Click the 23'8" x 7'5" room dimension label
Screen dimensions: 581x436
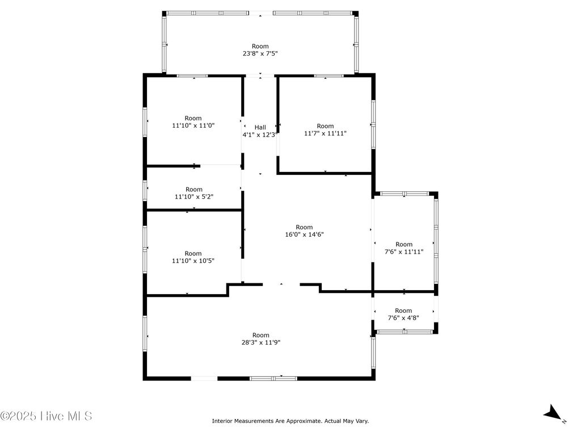click(260, 53)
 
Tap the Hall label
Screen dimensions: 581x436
click(260, 127)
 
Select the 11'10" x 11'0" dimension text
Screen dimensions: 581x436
click(193, 125)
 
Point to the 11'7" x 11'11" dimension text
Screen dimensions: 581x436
click(325, 133)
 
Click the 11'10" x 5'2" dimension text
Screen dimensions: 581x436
click(194, 196)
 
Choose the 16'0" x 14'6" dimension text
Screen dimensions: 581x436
click(304, 234)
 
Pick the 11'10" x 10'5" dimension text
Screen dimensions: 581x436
click(193, 261)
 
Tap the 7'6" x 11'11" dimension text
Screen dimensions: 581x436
click(404, 251)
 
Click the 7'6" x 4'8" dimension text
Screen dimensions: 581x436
click(403, 318)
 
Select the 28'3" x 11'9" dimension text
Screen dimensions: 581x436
click(261, 342)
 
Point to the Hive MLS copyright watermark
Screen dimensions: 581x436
click(46, 416)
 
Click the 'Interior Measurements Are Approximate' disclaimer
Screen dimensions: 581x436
click(290, 421)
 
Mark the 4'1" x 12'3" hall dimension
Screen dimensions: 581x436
click(260, 135)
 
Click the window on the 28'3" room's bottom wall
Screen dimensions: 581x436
click(273, 378)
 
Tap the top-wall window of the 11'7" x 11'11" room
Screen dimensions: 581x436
click(329, 76)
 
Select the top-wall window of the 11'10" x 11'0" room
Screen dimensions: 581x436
click(192, 76)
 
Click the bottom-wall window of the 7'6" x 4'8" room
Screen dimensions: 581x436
click(405, 332)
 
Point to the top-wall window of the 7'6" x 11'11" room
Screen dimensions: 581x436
click(405, 194)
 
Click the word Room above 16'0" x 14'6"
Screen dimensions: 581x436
click(304, 227)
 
